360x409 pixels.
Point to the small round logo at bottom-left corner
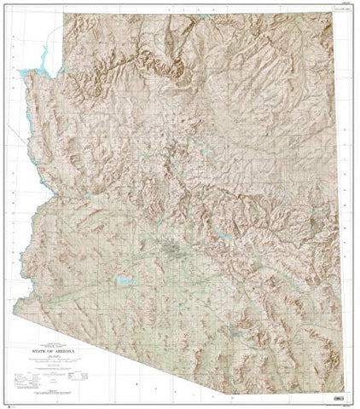[x=8, y=403]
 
